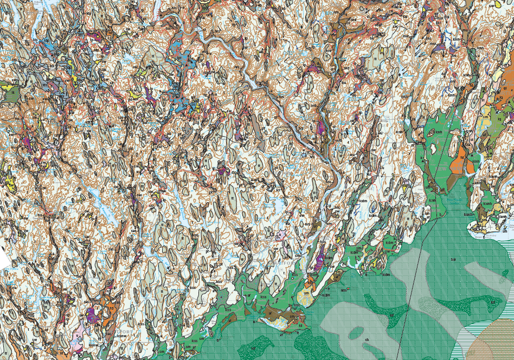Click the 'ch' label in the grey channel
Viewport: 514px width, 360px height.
click(x=367, y=339)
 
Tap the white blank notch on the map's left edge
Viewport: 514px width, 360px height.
click(x=4, y=261)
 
